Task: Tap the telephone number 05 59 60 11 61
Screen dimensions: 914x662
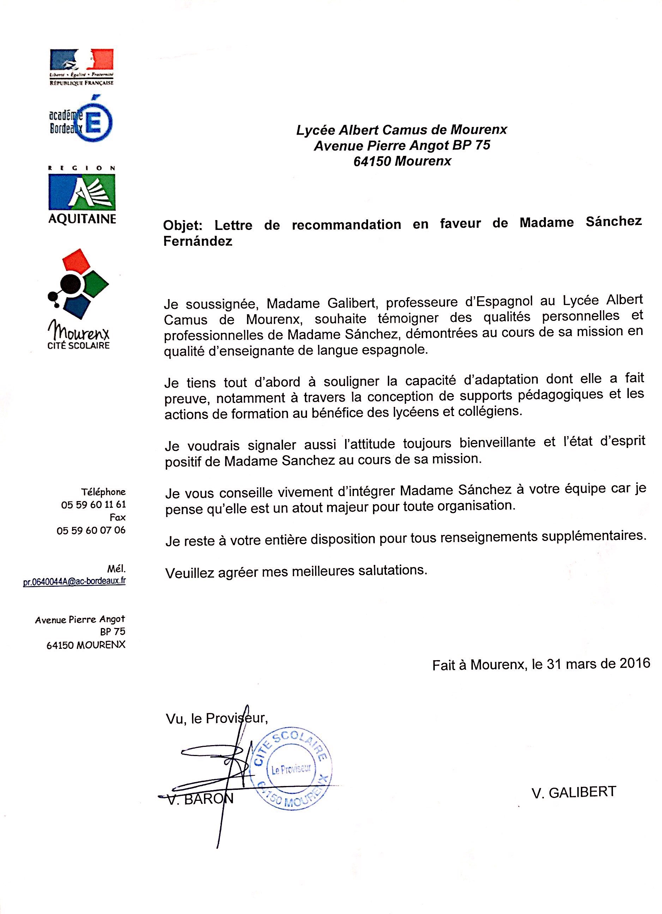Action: click(94, 505)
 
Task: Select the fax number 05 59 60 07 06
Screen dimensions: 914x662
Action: click(91, 530)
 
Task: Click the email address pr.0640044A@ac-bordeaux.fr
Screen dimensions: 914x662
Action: click(74, 582)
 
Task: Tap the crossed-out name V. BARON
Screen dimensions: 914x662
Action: click(200, 799)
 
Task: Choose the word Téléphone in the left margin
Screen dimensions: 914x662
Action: click(103, 492)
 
